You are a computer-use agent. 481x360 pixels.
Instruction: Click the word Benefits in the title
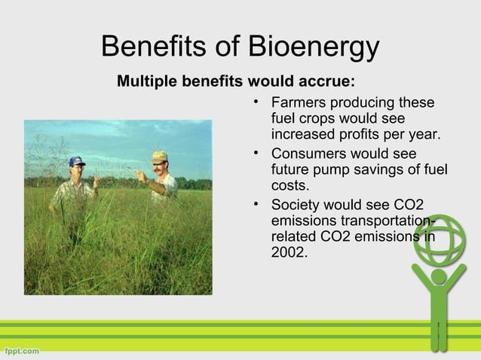click(152, 48)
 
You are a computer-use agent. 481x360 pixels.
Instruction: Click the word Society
click(294, 204)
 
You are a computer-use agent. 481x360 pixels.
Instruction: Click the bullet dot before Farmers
click(256, 102)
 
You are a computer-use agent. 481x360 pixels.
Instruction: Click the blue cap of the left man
click(76, 161)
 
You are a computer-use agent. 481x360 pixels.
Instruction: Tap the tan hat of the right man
click(159, 157)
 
